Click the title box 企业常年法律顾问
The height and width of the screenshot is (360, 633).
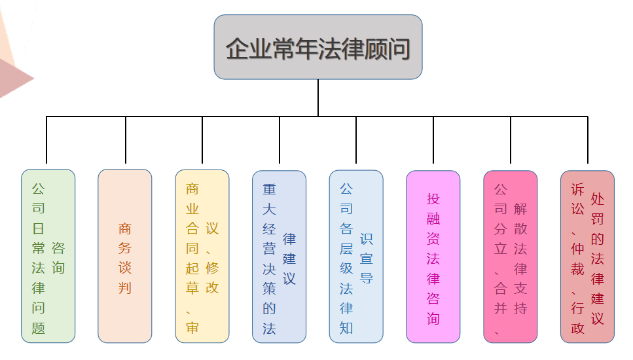(x=318, y=47)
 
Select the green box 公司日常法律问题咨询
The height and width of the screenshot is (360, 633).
(x=48, y=256)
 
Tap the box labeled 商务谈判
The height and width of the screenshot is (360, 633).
(x=125, y=256)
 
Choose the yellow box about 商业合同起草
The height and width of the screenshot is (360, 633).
(x=202, y=256)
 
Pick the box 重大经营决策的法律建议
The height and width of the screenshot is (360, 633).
(x=280, y=256)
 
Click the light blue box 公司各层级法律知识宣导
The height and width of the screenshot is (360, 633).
(x=356, y=256)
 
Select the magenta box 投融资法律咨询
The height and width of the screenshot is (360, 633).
(x=433, y=256)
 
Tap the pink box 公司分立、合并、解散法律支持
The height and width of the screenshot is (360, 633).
(x=511, y=256)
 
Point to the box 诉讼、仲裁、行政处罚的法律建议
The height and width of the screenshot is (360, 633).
(x=587, y=256)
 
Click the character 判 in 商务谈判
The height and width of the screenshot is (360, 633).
(x=125, y=287)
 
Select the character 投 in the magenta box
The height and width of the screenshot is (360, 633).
(x=433, y=198)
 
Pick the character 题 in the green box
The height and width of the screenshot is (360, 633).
(x=39, y=327)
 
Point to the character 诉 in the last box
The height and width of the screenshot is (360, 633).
(x=577, y=190)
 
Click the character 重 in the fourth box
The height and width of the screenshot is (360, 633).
(x=269, y=190)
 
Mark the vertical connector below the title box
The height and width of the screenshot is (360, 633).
(x=318, y=98)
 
